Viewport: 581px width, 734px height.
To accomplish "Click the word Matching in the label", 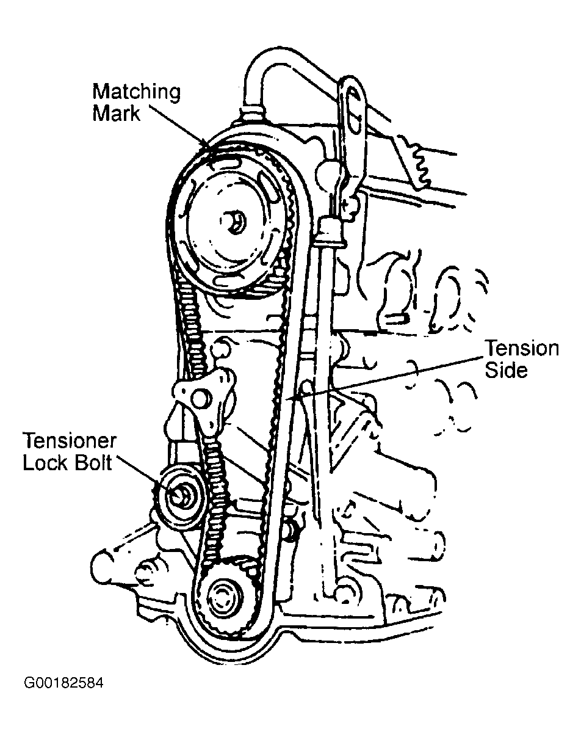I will [x=136, y=93].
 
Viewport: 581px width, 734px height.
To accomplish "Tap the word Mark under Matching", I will [x=116, y=114].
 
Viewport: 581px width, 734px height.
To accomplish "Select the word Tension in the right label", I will [x=521, y=349].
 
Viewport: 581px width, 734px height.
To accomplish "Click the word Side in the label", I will [x=506, y=370].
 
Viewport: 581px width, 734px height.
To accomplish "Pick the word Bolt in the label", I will [x=90, y=463].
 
